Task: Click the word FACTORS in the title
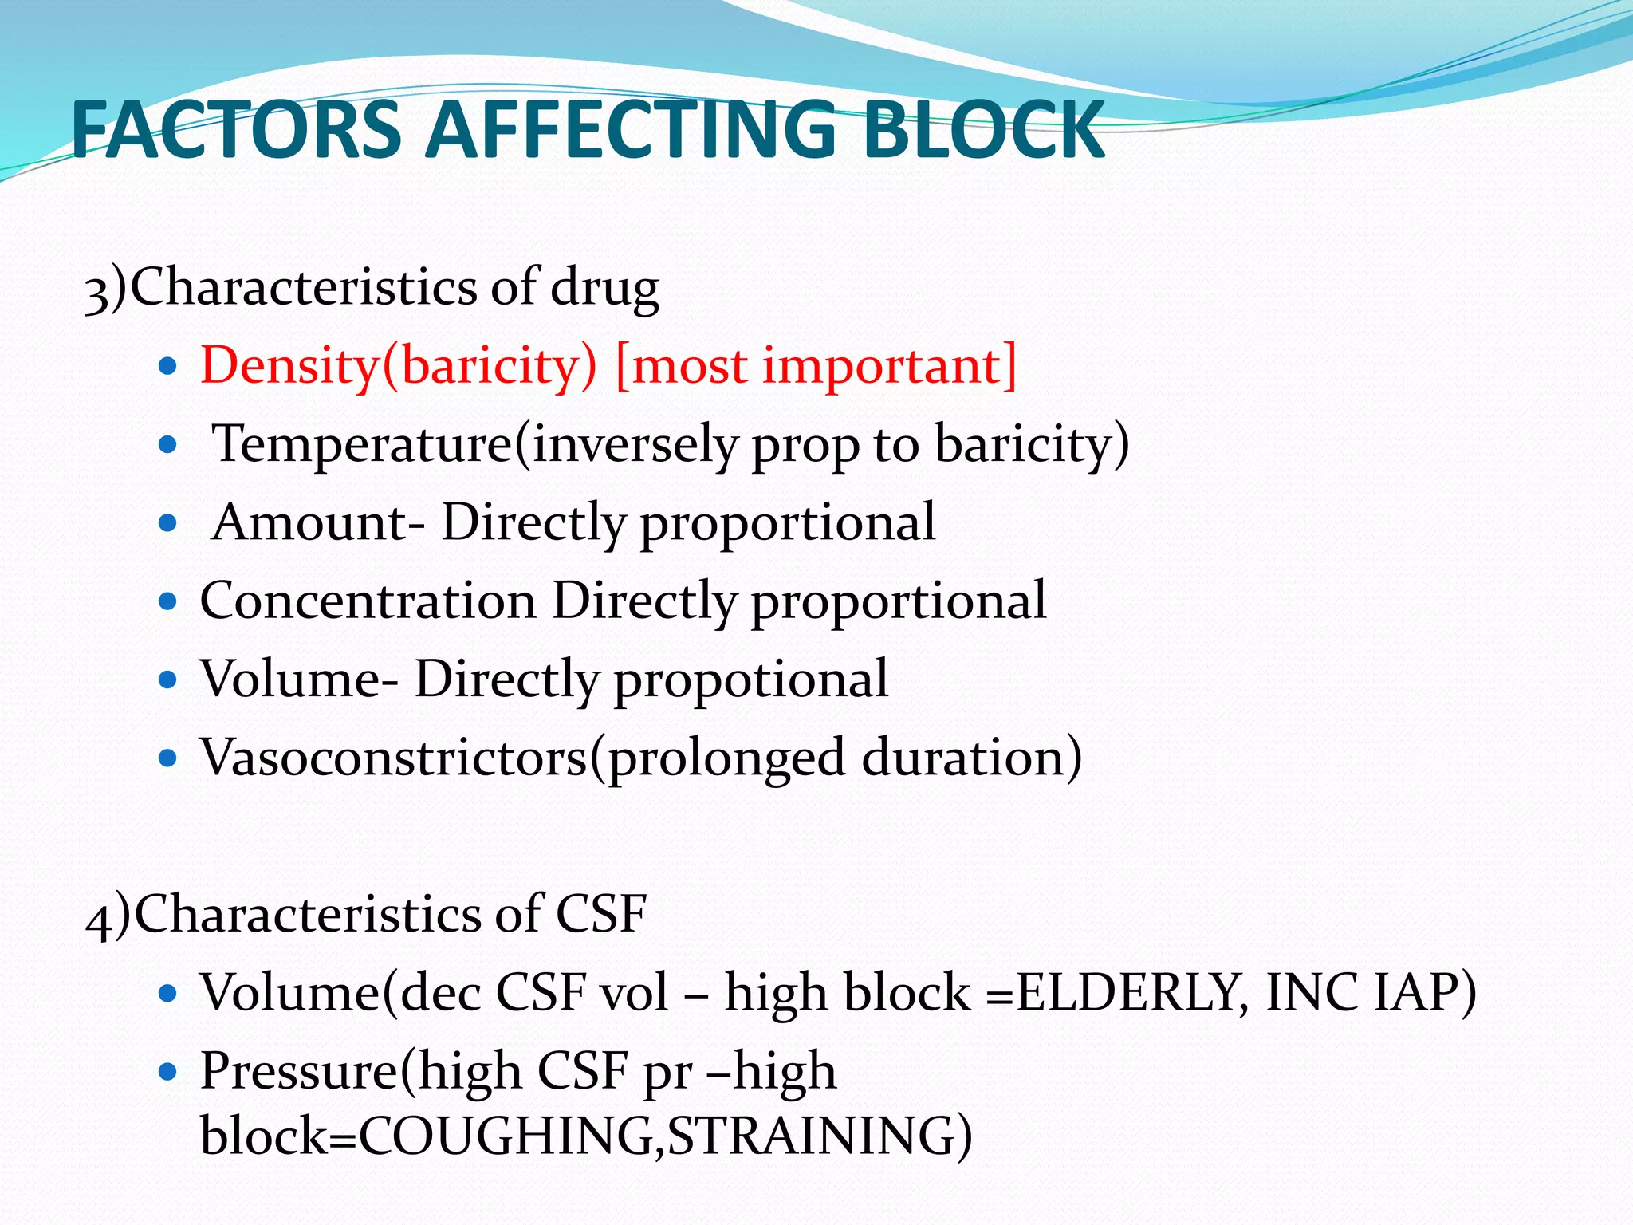coord(236,130)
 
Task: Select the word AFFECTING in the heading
coord(630,130)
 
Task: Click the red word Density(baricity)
coord(398,366)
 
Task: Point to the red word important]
coord(890,366)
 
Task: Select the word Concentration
coord(368,601)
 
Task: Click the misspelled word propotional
coord(750,679)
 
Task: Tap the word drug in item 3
coord(604,288)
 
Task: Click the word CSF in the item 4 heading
coord(600,914)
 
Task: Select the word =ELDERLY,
coord(1117,994)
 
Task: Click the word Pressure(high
coord(358,1071)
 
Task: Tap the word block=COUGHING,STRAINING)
coord(586,1136)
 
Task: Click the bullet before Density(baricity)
coord(167,367)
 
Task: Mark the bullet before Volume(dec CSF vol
coord(167,994)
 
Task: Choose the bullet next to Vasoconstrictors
coord(167,758)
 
